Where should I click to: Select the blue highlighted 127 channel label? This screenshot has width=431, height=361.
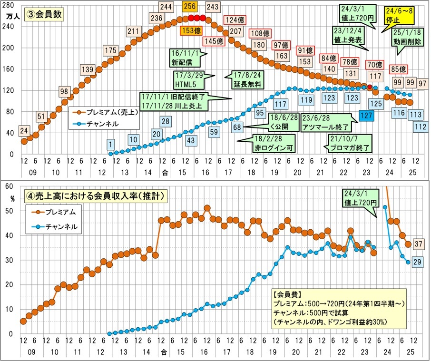point(366,116)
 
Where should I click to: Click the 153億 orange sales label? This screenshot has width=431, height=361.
point(190,30)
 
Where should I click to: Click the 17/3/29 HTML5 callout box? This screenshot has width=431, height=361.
point(188,80)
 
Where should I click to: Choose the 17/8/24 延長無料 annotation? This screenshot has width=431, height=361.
point(248,80)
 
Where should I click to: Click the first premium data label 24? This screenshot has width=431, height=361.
point(24,130)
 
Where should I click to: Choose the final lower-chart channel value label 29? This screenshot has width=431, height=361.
point(420,261)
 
